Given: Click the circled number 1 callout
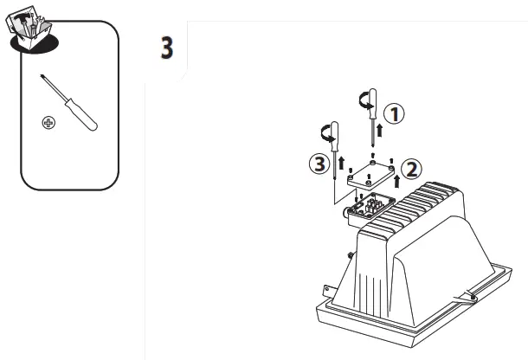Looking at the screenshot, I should pyautogui.click(x=394, y=113).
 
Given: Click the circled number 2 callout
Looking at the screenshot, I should pyautogui.click(x=413, y=166).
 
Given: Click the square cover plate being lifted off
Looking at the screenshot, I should pyautogui.click(x=368, y=175).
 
